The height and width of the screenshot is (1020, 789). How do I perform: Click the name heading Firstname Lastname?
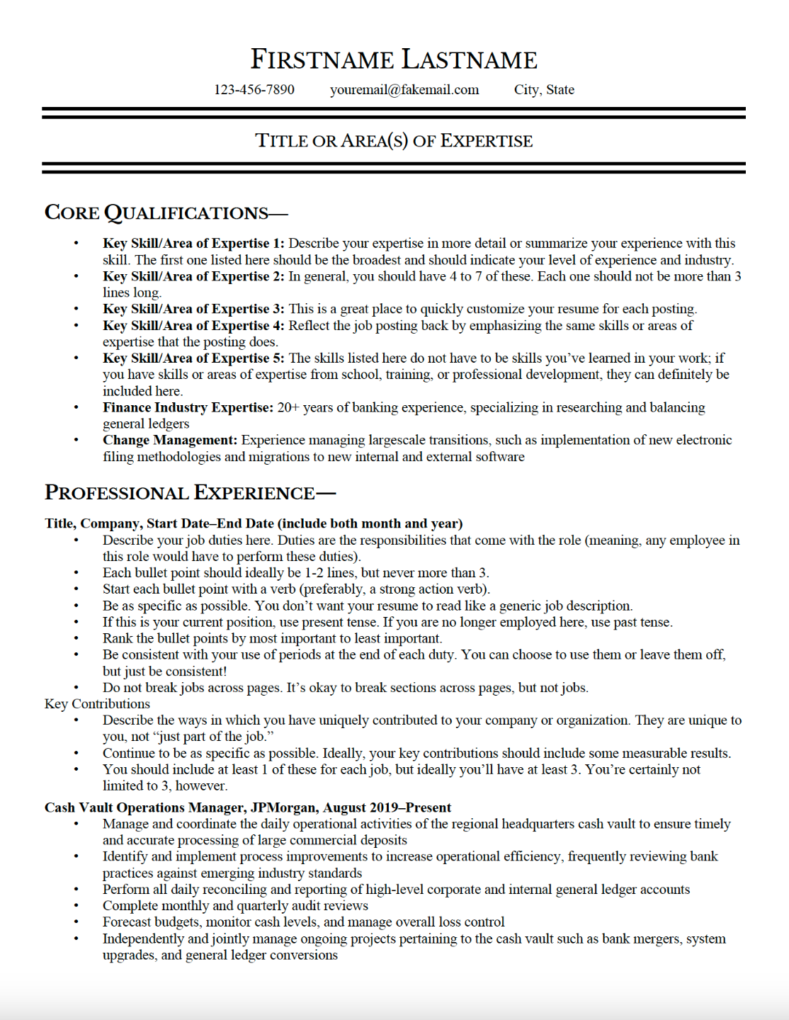pos(394,59)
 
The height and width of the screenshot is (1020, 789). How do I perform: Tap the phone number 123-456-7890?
pos(254,90)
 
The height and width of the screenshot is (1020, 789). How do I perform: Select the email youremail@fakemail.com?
pos(404,90)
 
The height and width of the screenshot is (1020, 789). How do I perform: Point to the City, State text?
pos(544,90)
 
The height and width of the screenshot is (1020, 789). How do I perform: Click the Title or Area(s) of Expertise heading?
pos(394,140)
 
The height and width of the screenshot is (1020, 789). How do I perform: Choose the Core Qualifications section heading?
pos(166,212)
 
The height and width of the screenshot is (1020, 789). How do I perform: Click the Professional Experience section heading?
pos(190,492)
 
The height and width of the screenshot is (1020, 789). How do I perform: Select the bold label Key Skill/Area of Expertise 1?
pos(193,243)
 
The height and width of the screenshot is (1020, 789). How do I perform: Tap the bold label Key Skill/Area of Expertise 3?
pos(193,309)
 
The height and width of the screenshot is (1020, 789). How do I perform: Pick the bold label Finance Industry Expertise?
pos(188,407)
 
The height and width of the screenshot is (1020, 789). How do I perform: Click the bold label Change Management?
pos(170,440)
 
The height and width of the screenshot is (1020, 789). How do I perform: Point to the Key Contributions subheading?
pos(97,703)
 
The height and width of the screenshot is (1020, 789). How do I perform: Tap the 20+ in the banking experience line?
pos(288,407)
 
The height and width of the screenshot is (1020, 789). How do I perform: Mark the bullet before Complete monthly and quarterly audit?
pos(76,906)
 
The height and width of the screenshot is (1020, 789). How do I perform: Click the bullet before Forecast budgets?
pos(76,922)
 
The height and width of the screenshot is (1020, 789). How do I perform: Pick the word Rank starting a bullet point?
pos(118,638)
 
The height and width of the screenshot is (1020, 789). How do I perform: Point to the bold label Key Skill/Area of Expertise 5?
pos(193,358)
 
